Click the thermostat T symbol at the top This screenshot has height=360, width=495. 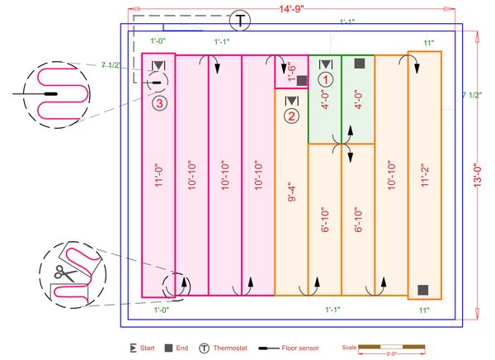pos(239,19)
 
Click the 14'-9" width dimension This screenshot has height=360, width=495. pos(290,9)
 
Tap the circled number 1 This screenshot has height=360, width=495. pos(326,79)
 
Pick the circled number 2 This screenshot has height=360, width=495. pos(291,116)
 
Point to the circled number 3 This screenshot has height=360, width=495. pos(159,102)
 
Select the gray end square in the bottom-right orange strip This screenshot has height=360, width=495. pos(422,289)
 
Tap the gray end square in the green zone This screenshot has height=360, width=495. pos(359,63)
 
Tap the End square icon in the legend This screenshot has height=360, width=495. pos(167,348)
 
